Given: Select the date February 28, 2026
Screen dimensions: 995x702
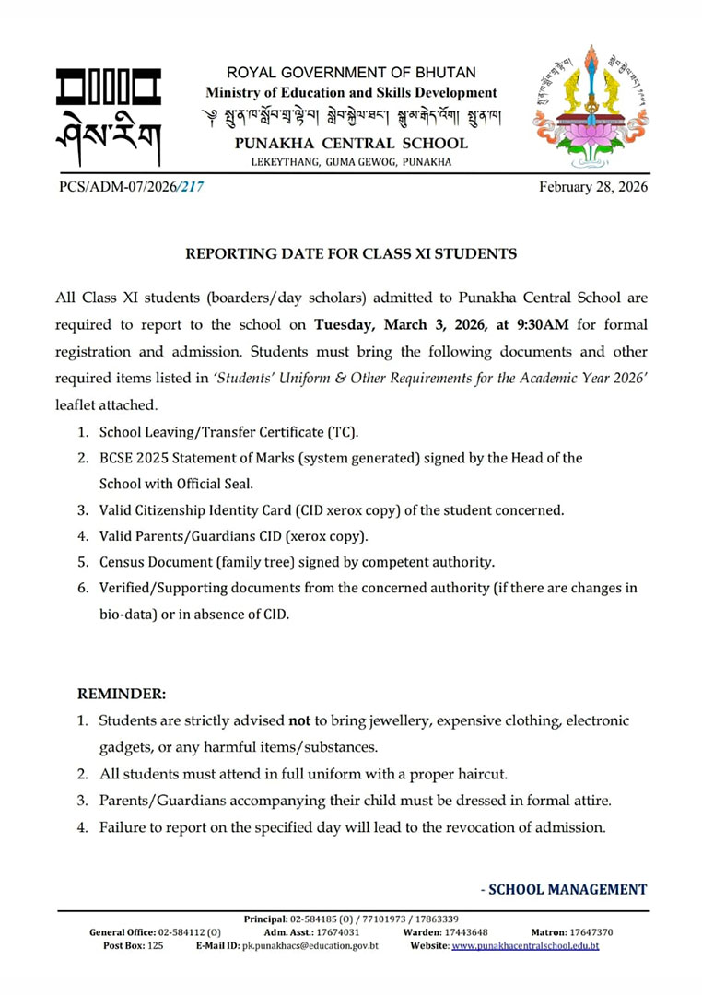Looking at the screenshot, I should pyautogui.click(x=593, y=187).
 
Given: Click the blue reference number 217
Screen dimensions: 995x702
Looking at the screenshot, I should pyautogui.click(x=192, y=187).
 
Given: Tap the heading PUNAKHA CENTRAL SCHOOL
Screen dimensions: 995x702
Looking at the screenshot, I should pyautogui.click(x=351, y=144).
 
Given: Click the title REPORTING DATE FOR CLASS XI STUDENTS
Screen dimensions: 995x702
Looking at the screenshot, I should pyautogui.click(x=351, y=253).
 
